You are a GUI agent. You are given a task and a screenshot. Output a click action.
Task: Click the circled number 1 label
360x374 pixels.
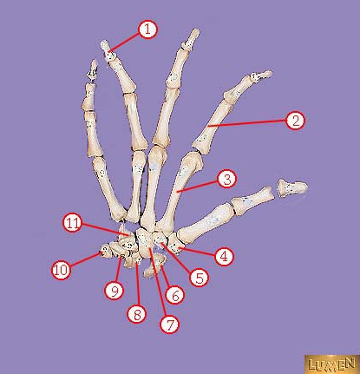[x=147, y=30]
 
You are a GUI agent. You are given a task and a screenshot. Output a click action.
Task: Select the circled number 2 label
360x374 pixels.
[x=295, y=121]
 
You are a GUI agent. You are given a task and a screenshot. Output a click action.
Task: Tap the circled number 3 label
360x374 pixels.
[x=227, y=180]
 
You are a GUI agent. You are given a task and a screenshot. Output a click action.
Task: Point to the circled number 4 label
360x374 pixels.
[x=225, y=256]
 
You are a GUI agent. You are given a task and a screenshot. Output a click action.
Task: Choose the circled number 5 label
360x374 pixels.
[x=199, y=277]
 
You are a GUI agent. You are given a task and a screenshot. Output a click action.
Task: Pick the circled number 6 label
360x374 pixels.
[x=174, y=294]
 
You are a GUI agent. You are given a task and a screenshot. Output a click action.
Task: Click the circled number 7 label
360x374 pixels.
[x=170, y=324]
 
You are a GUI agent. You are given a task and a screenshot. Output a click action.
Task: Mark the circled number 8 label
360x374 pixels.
[x=137, y=313]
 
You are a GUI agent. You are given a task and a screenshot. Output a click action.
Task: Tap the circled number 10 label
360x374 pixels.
[x=62, y=270]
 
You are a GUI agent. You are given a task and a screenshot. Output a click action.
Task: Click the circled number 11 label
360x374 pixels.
[x=73, y=223]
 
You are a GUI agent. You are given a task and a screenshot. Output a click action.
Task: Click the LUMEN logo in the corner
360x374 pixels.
[x=332, y=364]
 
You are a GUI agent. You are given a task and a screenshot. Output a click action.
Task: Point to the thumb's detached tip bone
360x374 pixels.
[x=292, y=187]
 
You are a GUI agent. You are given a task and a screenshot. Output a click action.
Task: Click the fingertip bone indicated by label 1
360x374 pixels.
[x=107, y=50]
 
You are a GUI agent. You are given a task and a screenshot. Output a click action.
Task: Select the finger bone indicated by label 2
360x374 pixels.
[x=213, y=124]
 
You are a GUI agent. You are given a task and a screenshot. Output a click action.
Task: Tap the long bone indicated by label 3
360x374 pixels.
[x=180, y=189]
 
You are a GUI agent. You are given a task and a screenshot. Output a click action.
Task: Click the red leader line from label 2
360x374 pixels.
[x=247, y=123]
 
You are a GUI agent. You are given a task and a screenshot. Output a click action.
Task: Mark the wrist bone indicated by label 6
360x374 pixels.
[x=154, y=265]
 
